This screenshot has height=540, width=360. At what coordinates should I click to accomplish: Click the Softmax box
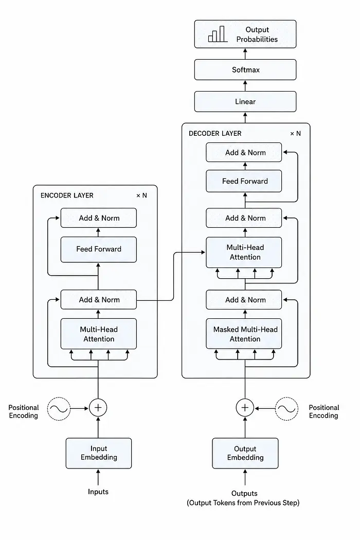click(245, 69)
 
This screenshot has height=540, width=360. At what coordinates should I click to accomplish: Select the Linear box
click(245, 102)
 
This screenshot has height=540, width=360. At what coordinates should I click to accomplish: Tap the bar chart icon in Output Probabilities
click(218, 34)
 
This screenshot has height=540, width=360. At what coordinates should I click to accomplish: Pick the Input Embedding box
click(99, 453)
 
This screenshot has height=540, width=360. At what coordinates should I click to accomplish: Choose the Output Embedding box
click(245, 453)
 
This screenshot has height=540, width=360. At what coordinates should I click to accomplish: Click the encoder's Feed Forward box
click(99, 249)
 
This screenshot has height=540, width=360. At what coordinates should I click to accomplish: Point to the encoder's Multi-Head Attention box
click(99, 334)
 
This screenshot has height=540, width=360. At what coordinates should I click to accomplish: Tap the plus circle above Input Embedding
click(98, 408)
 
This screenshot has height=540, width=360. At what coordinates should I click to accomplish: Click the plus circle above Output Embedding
click(245, 408)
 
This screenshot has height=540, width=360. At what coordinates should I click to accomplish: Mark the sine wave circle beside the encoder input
click(59, 409)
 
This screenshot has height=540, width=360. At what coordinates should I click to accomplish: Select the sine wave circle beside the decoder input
click(286, 409)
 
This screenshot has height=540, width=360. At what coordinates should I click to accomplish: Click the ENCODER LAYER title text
click(67, 195)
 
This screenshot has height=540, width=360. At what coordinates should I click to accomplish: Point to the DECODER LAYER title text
click(215, 134)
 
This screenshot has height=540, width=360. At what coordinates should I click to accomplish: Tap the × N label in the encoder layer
click(141, 195)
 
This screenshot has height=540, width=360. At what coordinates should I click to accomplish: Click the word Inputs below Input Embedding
click(98, 492)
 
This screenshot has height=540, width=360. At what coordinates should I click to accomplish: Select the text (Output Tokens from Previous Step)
click(243, 503)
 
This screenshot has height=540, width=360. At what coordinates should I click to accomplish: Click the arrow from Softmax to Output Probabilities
click(245, 53)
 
